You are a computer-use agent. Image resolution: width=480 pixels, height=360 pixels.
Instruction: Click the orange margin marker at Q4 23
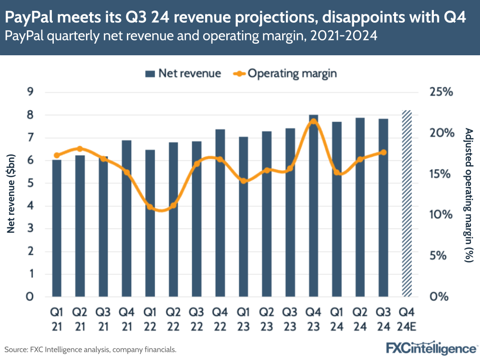[x=313, y=122]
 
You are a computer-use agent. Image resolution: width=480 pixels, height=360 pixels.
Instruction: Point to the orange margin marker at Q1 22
[x=150, y=207]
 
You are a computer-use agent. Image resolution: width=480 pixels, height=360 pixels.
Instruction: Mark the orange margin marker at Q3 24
[x=383, y=152]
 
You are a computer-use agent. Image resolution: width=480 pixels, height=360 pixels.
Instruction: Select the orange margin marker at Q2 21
[x=80, y=149]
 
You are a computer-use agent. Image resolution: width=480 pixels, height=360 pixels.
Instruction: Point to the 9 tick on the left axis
[x=30, y=92]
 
